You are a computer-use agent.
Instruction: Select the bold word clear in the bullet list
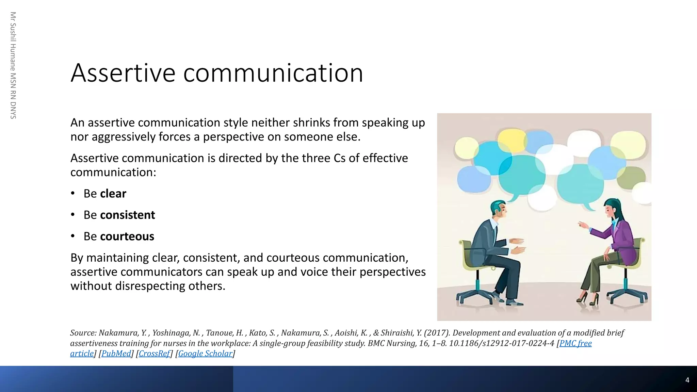point(113,194)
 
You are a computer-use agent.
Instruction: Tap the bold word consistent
point(127,215)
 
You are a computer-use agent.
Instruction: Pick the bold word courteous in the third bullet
point(127,236)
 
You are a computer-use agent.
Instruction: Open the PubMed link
point(116,354)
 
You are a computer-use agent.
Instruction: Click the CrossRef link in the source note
point(154,354)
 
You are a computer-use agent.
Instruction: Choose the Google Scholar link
point(205,354)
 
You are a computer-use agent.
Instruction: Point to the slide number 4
point(687,380)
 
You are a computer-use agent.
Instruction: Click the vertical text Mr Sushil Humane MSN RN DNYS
point(13,65)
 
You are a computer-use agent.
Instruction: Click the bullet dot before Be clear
point(72,194)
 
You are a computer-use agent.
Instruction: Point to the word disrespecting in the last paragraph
point(150,286)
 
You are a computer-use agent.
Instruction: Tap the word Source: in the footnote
point(83,333)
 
